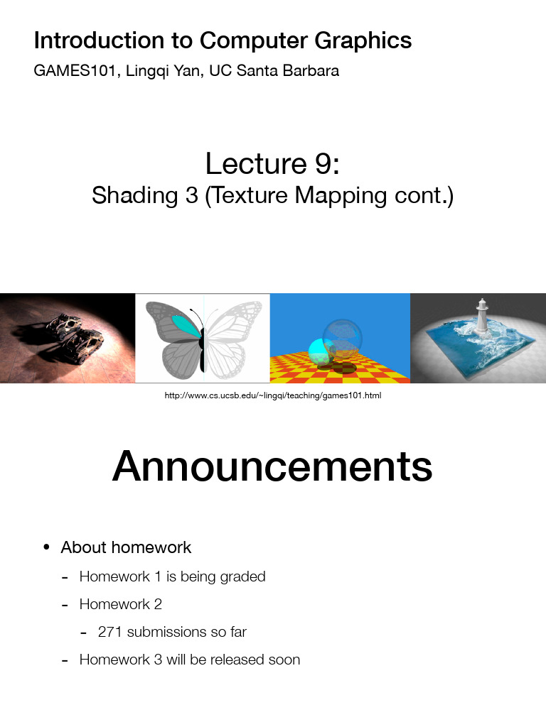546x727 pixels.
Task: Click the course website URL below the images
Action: point(273,395)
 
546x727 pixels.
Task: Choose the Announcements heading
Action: point(272,466)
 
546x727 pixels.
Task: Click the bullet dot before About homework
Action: point(46,547)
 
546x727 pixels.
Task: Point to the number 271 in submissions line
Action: point(110,631)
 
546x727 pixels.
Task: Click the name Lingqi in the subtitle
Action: point(148,72)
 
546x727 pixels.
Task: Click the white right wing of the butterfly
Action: point(235,334)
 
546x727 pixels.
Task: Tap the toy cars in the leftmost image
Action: point(75,338)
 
